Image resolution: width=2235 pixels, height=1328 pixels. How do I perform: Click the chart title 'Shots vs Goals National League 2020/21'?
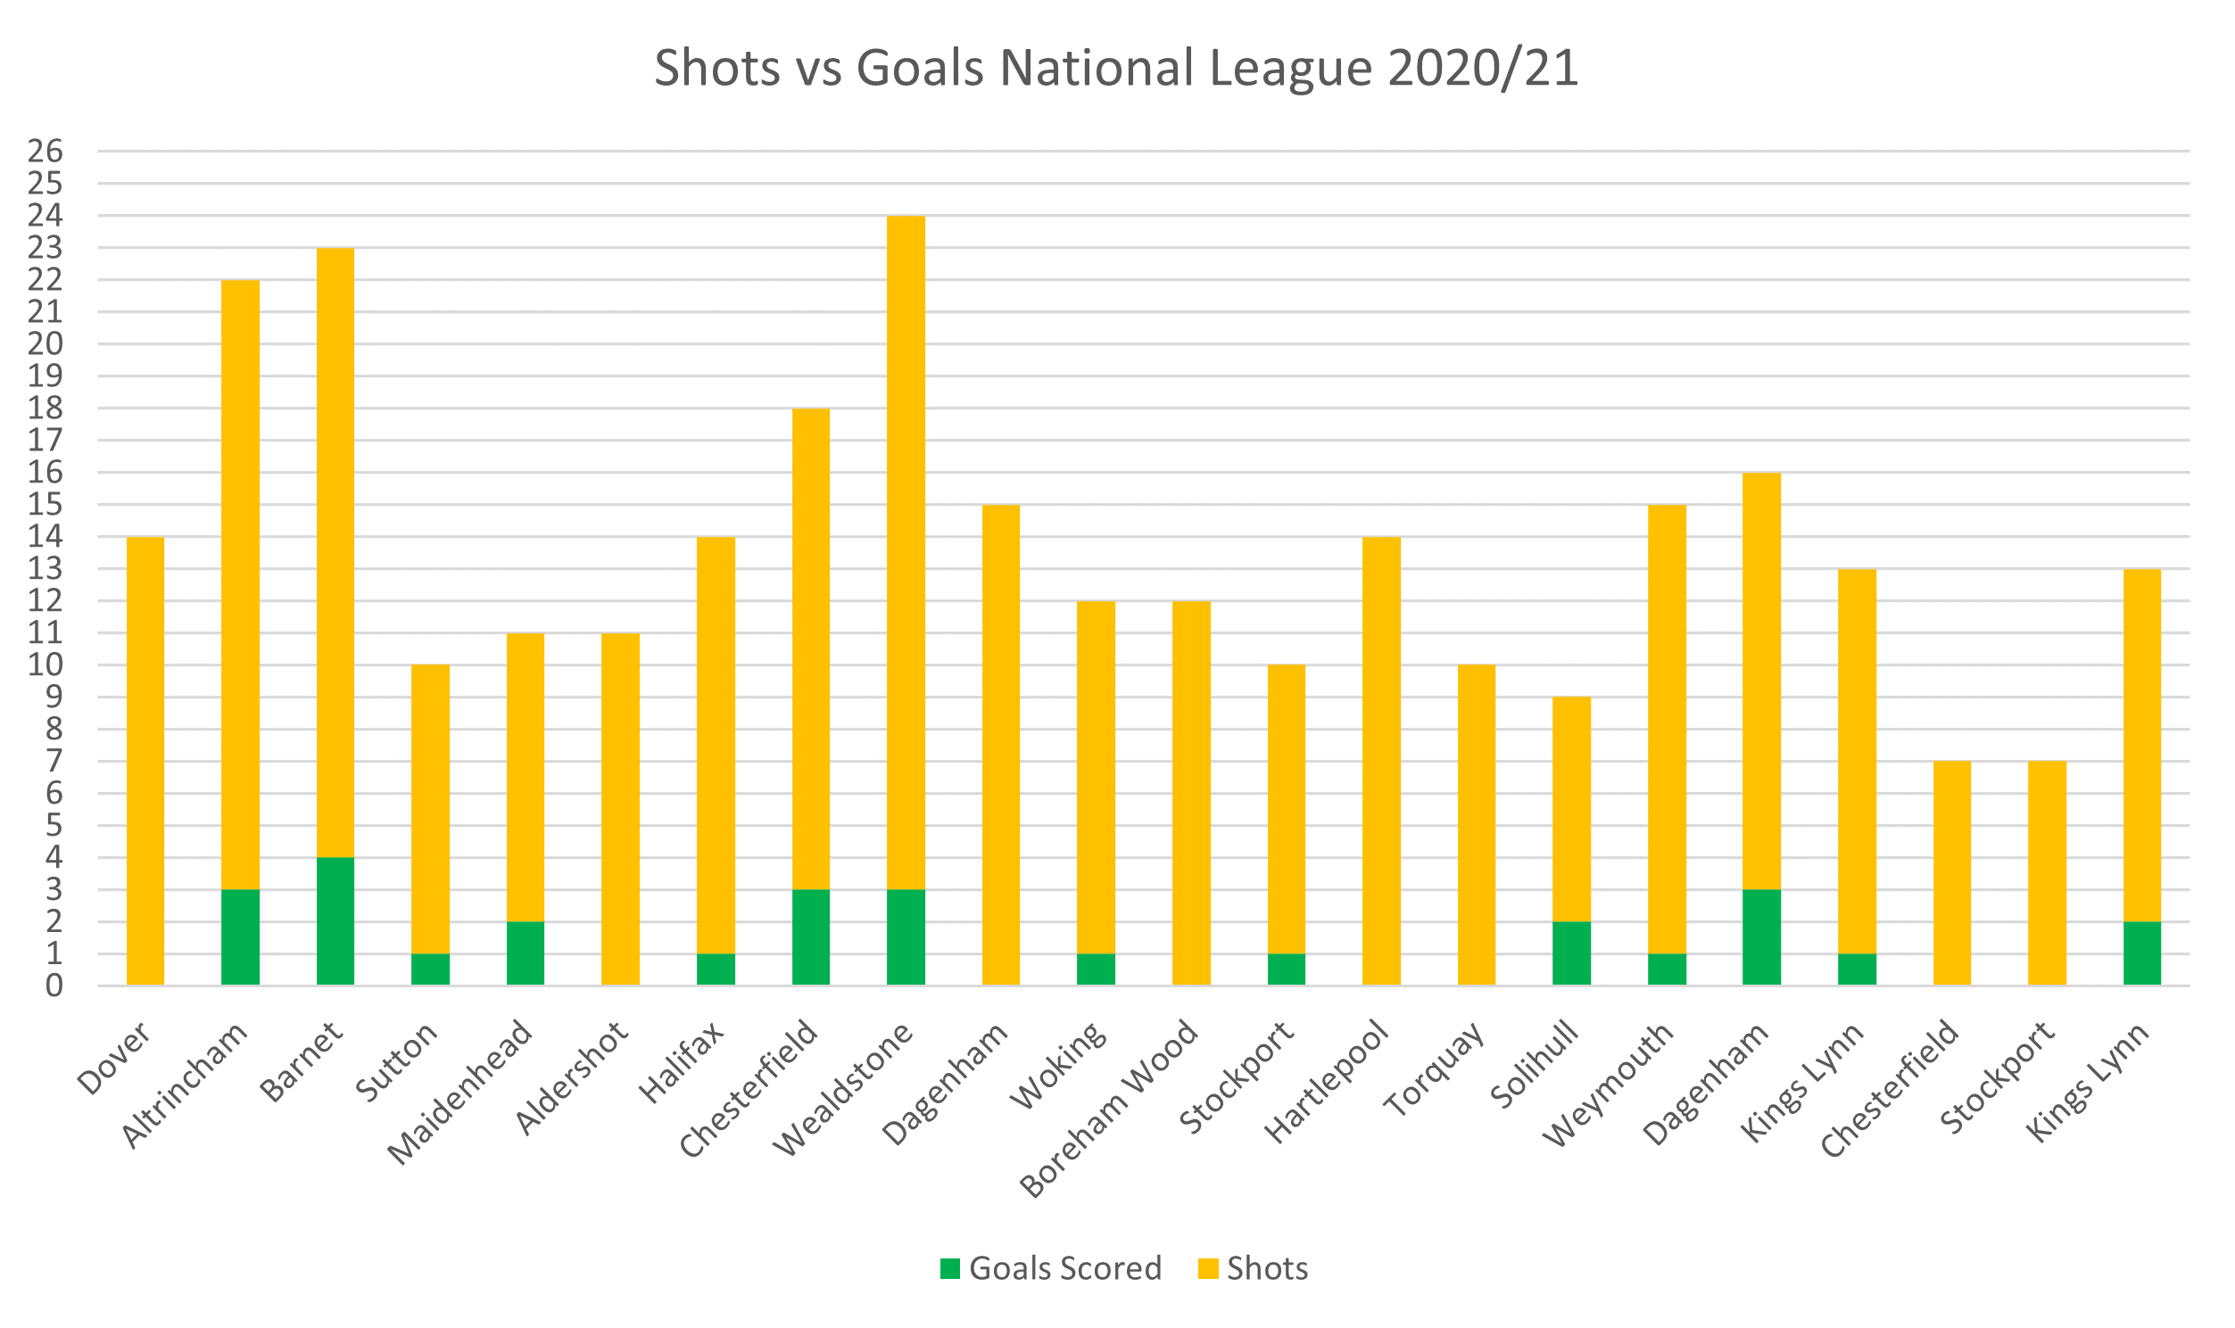click(x=1116, y=68)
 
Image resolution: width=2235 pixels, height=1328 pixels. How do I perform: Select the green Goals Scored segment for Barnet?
click(x=335, y=920)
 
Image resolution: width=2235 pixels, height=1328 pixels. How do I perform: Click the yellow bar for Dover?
click(x=145, y=761)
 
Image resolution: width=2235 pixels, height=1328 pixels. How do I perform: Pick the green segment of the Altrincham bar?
click(x=241, y=937)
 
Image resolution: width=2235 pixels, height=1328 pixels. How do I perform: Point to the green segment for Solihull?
click(x=1571, y=953)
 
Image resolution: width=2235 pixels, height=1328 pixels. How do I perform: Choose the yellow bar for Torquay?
click(x=1476, y=824)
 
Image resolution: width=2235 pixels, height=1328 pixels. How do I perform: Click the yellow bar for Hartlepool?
click(x=1381, y=761)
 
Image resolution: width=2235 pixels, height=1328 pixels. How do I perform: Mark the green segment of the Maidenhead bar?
click(x=526, y=953)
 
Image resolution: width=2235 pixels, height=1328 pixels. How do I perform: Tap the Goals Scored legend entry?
click(x=1051, y=1268)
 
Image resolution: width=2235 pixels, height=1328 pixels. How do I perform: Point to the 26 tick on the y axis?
click(x=46, y=152)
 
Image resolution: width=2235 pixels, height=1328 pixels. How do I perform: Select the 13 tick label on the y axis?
click(x=46, y=568)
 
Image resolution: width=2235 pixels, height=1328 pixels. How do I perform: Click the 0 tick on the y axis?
click(x=54, y=986)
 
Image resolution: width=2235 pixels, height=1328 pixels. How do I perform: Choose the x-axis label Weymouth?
click(x=1609, y=1084)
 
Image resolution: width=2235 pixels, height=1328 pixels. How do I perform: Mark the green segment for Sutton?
click(x=431, y=969)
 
